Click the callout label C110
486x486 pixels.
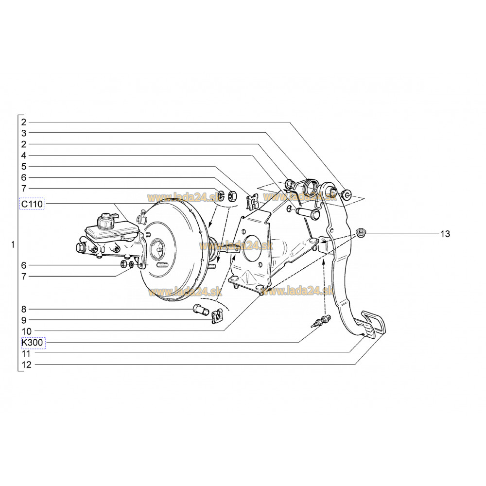click(32, 204)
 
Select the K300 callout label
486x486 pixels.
click(32, 343)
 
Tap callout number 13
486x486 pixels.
click(445, 234)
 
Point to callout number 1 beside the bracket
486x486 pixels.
click(13, 244)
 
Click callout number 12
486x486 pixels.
click(27, 364)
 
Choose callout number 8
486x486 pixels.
click(24, 309)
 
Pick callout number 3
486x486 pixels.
click(24, 133)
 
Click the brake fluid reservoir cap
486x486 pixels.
click(105, 220)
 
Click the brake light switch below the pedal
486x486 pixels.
click(321, 321)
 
